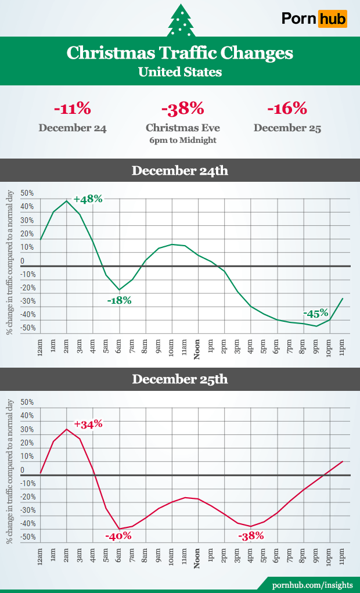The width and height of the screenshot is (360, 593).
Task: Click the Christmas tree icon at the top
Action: tap(180, 20)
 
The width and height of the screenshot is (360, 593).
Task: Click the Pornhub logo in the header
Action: tap(314, 19)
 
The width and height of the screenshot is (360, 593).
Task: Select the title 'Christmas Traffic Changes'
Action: tap(180, 53)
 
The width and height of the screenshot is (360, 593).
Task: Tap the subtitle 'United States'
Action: tap(180, 73)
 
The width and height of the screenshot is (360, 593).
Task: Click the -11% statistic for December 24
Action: tap(73, 109)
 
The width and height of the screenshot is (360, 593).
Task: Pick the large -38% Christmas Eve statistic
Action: tap(183, 109)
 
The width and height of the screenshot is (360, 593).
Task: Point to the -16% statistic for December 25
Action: tap(287, 109)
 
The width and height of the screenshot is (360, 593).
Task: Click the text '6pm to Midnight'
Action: tap(183, 141)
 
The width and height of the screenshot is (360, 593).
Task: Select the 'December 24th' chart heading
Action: tap(180, 171)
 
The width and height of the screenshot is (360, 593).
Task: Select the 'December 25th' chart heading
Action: tap(180, 380)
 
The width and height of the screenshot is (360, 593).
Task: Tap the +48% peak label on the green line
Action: tap(88, 199)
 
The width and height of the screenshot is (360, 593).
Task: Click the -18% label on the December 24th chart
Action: tap(119, 300)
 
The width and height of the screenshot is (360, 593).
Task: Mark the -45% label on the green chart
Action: tap(316, 313)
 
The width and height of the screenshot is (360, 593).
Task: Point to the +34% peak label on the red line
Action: tap(88, 424)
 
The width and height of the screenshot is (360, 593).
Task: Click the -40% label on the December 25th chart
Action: tap(118, 536)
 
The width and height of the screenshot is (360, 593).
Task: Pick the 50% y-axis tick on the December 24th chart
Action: tap(27, 193)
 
